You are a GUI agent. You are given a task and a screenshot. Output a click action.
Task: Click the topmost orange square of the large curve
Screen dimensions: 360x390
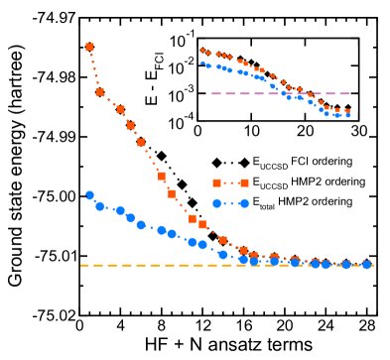click(89, 47)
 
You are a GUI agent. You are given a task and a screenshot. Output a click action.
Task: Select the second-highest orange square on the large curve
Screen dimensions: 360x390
click(99, 92)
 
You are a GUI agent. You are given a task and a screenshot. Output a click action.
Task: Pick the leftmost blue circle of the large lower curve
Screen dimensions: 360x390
click(89, 195)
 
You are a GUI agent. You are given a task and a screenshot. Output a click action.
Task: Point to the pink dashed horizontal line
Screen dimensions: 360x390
click(278, 94)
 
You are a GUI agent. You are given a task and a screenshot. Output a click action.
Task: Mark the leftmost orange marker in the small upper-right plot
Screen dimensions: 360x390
click(202, 51)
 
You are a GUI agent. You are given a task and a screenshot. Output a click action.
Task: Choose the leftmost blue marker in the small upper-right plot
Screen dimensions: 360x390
click(202, 63)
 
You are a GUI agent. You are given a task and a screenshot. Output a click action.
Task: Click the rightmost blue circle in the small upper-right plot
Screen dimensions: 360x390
click(348, 115)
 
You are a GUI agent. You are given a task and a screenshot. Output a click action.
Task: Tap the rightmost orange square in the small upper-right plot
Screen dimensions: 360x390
click(348, 111)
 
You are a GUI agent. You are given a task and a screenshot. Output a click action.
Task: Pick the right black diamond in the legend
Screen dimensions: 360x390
click(244, 162)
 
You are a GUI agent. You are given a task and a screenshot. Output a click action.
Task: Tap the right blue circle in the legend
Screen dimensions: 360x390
click(244, 202)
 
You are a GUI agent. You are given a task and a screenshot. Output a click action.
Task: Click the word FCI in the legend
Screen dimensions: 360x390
click(300, 161)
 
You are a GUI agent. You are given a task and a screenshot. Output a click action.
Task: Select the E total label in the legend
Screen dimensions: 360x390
click(263, 202)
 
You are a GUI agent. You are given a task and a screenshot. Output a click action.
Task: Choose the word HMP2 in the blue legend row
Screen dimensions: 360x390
click(295, 201)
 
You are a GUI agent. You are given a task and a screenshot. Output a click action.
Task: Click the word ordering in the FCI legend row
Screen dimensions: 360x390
click(331, 161)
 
